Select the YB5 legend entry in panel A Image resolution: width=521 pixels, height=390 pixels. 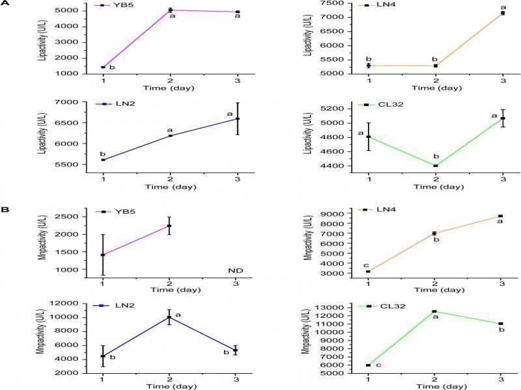(111, 5)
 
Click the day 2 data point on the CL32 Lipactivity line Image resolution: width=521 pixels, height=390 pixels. (435, 166)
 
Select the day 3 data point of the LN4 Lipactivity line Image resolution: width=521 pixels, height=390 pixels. (503, 13)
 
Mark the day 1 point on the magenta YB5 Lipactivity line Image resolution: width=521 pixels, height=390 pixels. (103, 67)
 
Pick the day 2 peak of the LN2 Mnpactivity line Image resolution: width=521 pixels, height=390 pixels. (170, 317)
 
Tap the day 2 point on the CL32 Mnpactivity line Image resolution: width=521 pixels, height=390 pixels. (435, 311)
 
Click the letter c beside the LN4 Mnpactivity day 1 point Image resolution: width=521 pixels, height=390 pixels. (366, 265)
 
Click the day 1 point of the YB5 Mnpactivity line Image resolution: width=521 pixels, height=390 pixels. (103, 255)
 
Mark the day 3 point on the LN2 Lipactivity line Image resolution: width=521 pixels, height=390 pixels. (237, 118)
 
